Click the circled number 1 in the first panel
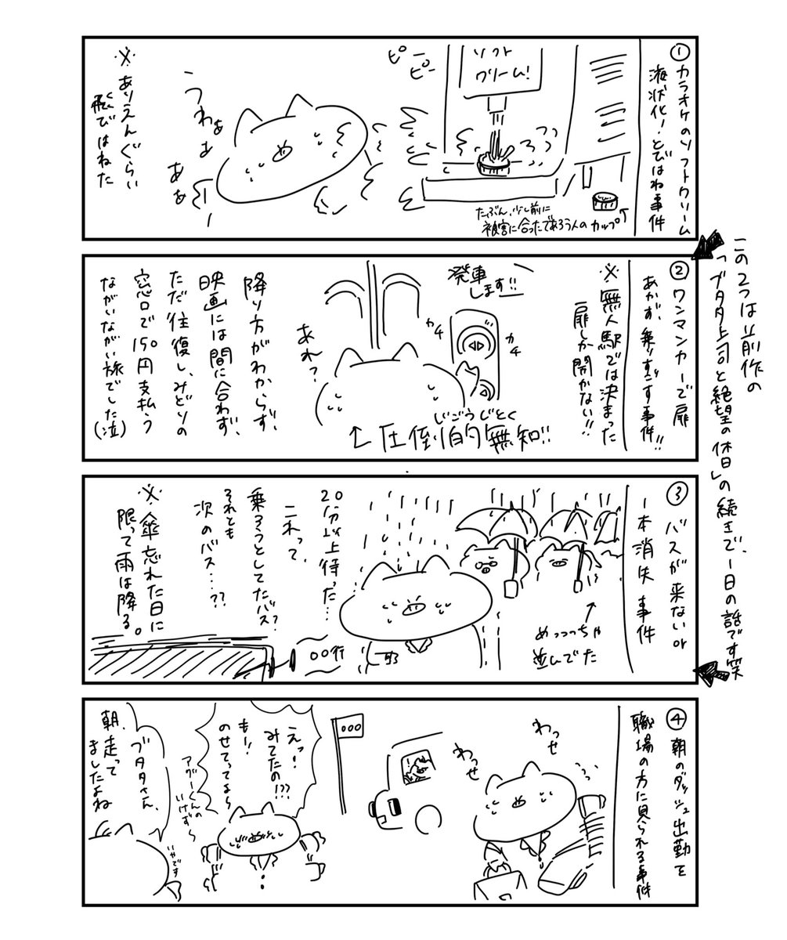coord(680,52)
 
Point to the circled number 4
coord(678,715)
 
